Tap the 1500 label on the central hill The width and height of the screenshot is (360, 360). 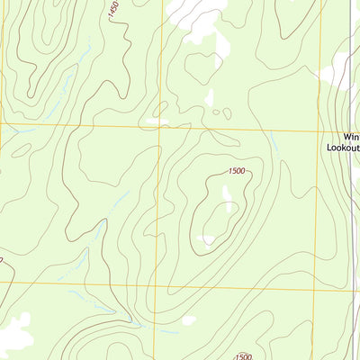click(x=237, y=171)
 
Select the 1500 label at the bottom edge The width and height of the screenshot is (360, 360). click(x=243, y=356)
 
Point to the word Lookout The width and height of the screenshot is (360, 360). click(x=342, y=153)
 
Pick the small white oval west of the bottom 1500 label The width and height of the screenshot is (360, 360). click(x=188, y=319)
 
